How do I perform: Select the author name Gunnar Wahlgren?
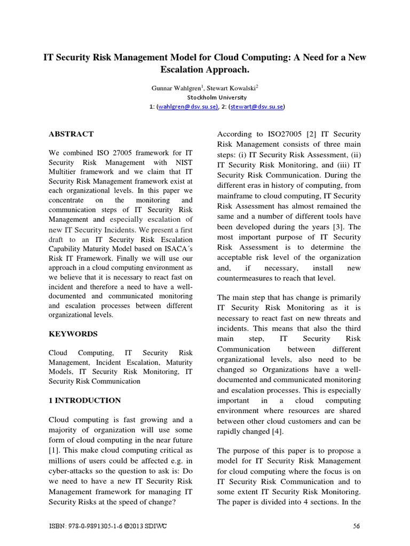coord(170,87)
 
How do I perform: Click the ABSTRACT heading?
coord(71,134)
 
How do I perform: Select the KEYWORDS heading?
coord(73,334)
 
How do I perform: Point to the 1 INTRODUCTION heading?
coord(85,400)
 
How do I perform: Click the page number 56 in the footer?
coord(357,527)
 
